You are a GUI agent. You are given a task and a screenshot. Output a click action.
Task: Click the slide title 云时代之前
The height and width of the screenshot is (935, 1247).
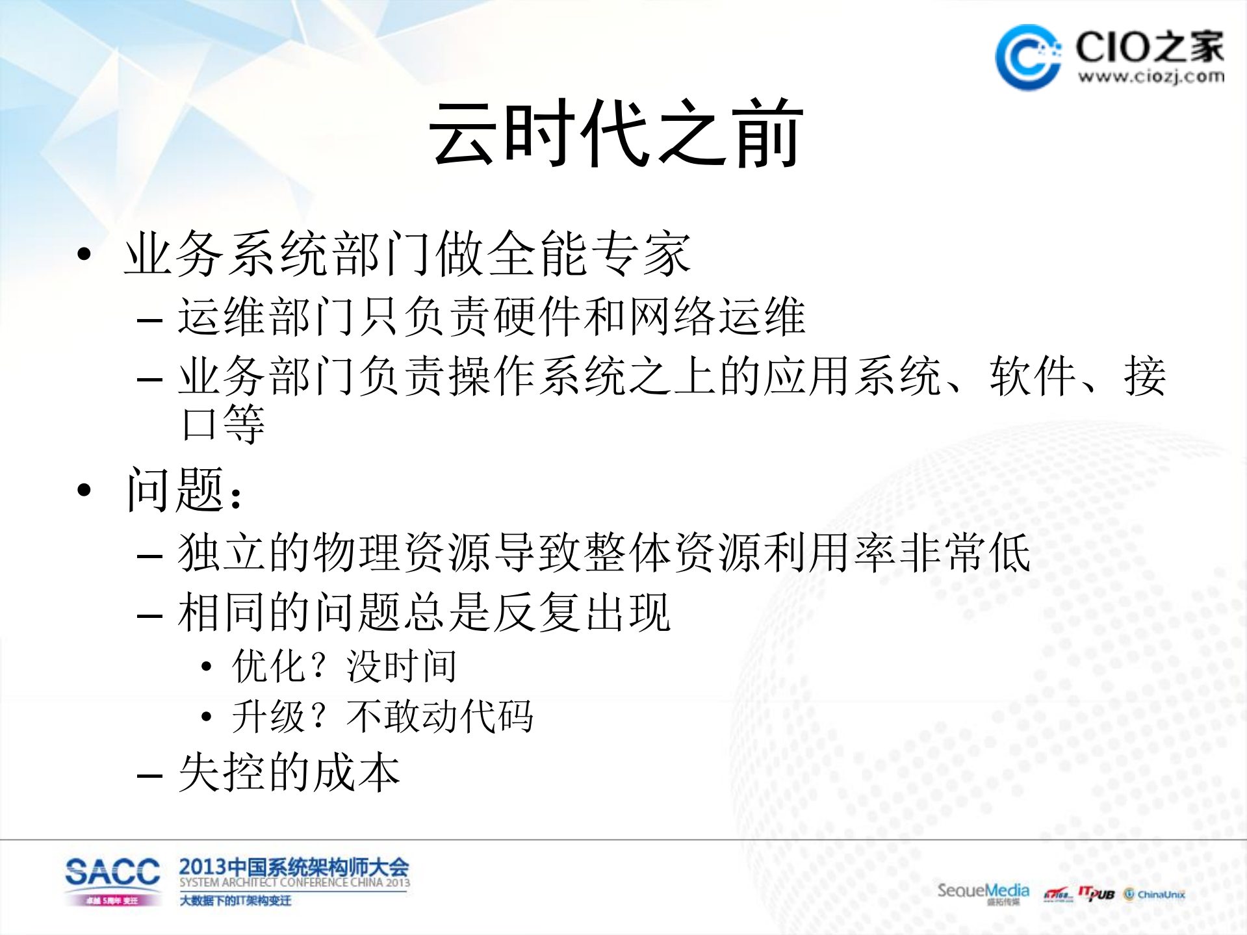616,134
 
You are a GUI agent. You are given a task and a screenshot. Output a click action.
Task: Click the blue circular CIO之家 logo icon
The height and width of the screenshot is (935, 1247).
1028,57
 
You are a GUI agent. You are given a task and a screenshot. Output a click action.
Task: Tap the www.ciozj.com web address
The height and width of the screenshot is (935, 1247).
1151,77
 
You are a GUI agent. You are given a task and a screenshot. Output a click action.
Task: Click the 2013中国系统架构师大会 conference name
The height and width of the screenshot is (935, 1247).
294,866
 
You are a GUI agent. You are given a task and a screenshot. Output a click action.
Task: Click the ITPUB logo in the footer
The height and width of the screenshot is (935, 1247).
1096,893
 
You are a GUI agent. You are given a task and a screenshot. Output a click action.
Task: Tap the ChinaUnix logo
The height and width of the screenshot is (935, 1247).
1155,894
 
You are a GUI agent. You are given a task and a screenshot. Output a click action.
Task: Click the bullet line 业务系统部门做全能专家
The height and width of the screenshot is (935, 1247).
407,254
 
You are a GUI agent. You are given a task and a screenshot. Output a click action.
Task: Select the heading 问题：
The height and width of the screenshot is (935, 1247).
185,490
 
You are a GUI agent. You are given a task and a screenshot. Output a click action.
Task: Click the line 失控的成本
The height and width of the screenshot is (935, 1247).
289,773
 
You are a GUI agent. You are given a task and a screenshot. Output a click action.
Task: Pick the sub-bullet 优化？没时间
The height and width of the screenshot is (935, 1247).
344,666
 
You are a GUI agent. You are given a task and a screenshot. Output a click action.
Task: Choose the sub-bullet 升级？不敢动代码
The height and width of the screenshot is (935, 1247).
382,717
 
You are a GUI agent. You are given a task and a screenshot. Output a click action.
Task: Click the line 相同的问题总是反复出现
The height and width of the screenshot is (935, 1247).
424,612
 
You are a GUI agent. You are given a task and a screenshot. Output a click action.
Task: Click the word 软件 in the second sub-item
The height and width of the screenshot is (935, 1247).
1032,376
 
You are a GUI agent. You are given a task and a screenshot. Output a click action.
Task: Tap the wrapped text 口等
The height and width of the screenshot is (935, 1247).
223,424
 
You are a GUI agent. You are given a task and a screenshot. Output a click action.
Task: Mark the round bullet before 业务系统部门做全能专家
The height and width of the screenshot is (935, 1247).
84,254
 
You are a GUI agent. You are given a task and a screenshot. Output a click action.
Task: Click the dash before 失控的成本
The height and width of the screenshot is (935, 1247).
149,775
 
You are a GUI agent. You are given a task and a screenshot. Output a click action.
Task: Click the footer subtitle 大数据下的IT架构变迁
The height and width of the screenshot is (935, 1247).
235,901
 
